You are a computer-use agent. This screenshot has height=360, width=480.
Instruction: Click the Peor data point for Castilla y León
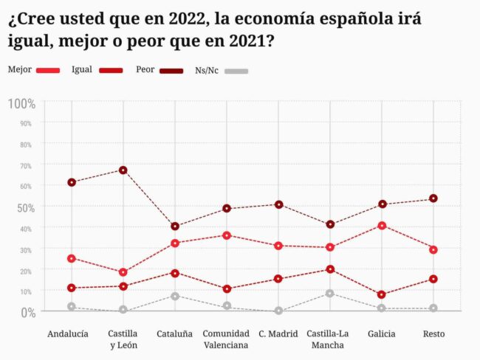pyautogui.click(x=123, y=170)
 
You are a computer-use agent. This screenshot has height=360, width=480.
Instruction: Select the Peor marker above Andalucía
pyautogui.click(x=72, y=182)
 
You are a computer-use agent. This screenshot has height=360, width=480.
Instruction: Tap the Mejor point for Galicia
pyautogui.click(x=382, y=226)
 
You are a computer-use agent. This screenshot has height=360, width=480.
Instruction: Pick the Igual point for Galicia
pyautogui.click(x=382, y=295)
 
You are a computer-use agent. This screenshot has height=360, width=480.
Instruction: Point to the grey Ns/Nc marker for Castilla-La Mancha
pyautogui.click(x=330, y=294)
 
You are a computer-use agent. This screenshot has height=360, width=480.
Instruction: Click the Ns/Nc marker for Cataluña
pyautogui.click(x=175, y=297)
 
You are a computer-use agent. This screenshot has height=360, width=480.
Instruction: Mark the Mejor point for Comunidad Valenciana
pyautogui.click(x=227, y=235)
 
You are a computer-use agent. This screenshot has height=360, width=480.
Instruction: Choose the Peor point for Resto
pyautogui.click(x=433, y=198)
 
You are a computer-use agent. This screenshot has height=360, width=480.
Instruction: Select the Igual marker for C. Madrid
pyautogui.click(x=278, y=279)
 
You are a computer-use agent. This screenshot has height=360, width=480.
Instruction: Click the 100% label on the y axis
pyautogui.click(x=21, y=103)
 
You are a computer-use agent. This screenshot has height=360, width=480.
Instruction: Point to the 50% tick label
pyautogui.click(x=26, y=207)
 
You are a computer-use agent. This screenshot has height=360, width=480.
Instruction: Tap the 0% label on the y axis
pyautogui.click(x=27, y=313)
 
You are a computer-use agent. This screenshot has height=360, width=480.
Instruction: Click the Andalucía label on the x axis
pyautogui.click(x=68, y=334)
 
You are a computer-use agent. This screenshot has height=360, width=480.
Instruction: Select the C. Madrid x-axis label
pyautogui.click(x=278, y=334)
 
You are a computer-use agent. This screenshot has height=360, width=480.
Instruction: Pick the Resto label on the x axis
pyautogui.click(x=433, y=334)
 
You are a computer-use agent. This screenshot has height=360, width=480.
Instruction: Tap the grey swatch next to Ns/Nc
pyautogui.click(x=237, y=71)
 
